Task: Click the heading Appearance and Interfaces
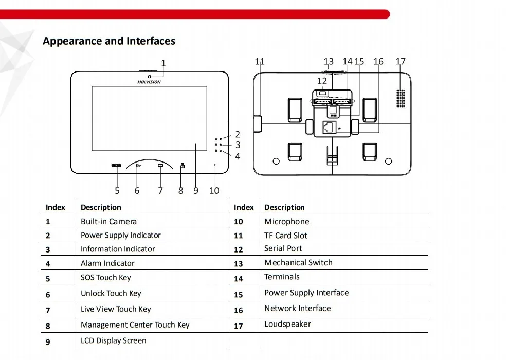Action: tap(109, 41)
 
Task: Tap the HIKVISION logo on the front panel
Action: tap(149, 82)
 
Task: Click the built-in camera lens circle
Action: tap(149, 77)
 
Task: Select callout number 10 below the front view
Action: tap(214, 191)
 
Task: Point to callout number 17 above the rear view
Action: tap(401, 61)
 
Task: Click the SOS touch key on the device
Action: tap(116, 166)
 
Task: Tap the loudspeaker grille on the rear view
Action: tap(401, 99)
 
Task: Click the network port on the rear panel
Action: tap(329, 127)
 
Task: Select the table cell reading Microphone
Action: tap(287, 221)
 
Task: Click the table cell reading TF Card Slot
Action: tap(286, 236)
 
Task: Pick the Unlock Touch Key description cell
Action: tap(111, 294)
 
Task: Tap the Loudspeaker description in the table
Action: tap(287, 324)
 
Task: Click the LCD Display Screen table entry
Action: tap(114, 340)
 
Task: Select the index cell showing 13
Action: tap(238, 264)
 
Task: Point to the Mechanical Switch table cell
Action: tap(298, 263)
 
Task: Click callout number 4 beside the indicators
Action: tap(238, 156)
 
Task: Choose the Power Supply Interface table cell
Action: tap(306, 293)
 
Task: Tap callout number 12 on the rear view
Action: tap(322, 81)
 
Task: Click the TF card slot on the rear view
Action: tap(258, 123)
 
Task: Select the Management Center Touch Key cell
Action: tap(135, 325)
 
